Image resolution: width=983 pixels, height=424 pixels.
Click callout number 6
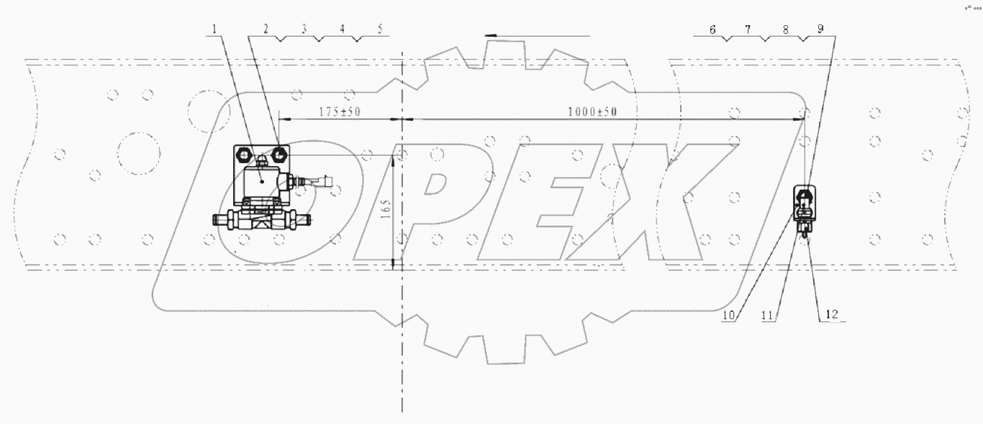click(x=712, y=29)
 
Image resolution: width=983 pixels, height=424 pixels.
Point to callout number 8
click(x=785, y=29)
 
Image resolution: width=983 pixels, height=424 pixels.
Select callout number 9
click(x=821, y=29)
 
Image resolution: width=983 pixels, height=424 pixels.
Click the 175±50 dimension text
click(x=338, y=113)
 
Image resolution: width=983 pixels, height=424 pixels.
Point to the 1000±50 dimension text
click(x=592, y=112)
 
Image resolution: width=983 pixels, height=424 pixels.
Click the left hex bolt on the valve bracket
click(x=244, y=155)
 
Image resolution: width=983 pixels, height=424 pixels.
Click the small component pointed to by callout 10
click(x=803, y=201)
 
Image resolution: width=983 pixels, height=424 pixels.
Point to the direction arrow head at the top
click(x=490, y=34)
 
